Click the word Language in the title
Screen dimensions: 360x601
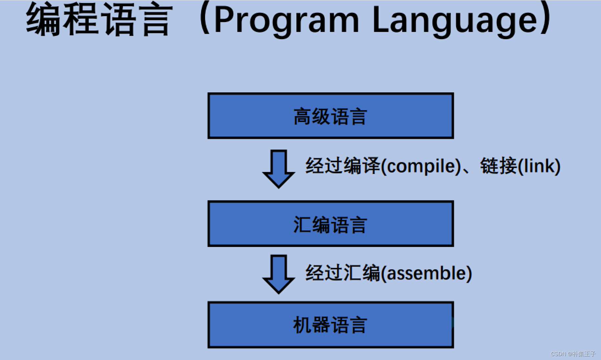[x=455, y=20]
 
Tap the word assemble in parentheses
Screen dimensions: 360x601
[x=426, y=273]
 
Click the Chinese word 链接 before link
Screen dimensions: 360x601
[x=498, y=166]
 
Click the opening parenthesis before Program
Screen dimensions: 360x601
[x=204, y=18]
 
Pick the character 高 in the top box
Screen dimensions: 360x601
[x=302, y=116]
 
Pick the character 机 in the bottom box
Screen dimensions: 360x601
[x=302, y=325]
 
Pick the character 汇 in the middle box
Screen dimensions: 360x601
[x=302, y=225]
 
